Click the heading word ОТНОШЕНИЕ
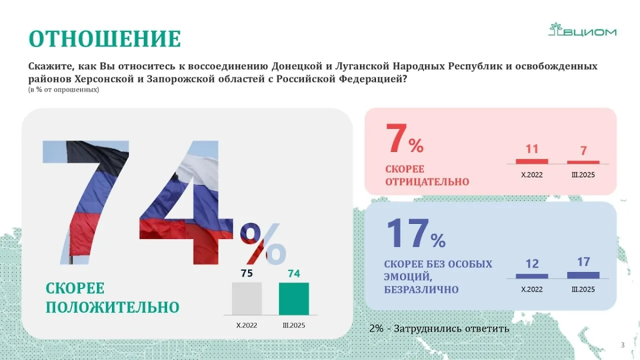[105, 39]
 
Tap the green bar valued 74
[294, 298]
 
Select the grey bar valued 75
[246, 298]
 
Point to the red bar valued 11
[532, 161]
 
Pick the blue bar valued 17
[583, 275]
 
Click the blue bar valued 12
[532, 276]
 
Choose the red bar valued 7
[583, 162]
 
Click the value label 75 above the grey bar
[246, 274]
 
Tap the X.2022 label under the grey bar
[246, 325]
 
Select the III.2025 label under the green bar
[294, 325]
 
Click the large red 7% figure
[404, 140]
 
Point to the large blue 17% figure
[415, 235]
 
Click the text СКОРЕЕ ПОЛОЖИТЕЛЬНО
[112, 298]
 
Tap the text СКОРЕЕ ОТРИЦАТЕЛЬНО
[427, 175]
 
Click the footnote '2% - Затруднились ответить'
[439, 329]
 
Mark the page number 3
[622, 345]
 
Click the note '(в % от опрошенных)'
[63, 90]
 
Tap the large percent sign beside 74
[262, 243]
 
